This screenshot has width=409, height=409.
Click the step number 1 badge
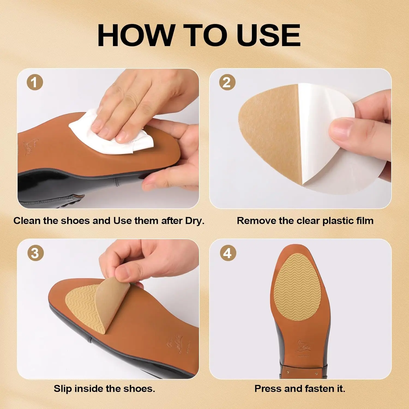[x=35, y=82]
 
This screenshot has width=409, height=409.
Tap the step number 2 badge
[x=227, y=82]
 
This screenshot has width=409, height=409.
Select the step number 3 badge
[x=35, y=253]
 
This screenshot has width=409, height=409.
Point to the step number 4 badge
[x=228, y=253]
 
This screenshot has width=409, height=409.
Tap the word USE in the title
[x=269, y=35]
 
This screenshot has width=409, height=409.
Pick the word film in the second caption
[x=365, y=221]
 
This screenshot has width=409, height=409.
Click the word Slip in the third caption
[x=63, y=389]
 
